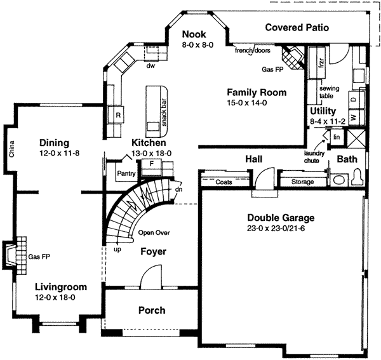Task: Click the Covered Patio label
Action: pos(297,27)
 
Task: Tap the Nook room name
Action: pos(194,34)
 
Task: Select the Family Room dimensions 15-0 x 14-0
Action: pos(247,103)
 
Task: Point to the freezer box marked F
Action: pos(151,164)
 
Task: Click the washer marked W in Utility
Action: pos(354,117)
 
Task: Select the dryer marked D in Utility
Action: pos(354,99)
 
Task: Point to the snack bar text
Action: pos(164,112)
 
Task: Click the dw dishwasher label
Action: pos(150,65)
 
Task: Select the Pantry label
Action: pos(126,173)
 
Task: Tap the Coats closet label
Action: pos(224,182)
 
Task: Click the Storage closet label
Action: pos(302,182)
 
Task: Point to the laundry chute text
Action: pos(314,157)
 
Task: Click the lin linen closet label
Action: pos(337,137)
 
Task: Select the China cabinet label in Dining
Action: pos(11,149)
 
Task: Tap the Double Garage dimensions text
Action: pos(276,229)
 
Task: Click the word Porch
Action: pos(152,310)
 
